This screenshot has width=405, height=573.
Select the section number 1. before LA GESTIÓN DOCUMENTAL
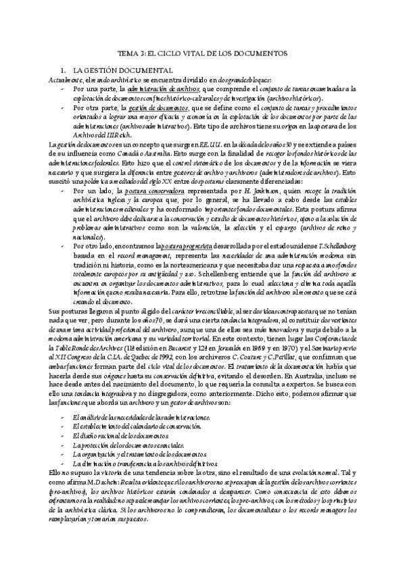[64, 70]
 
